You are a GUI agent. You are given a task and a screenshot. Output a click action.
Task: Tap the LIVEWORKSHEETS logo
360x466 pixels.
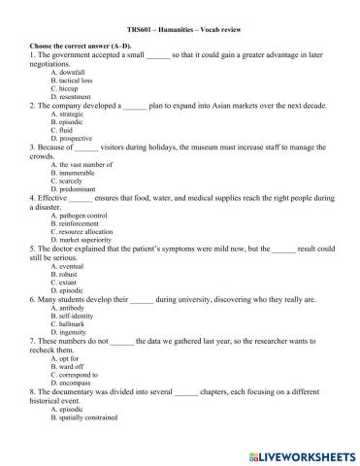(x=307, y=452)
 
